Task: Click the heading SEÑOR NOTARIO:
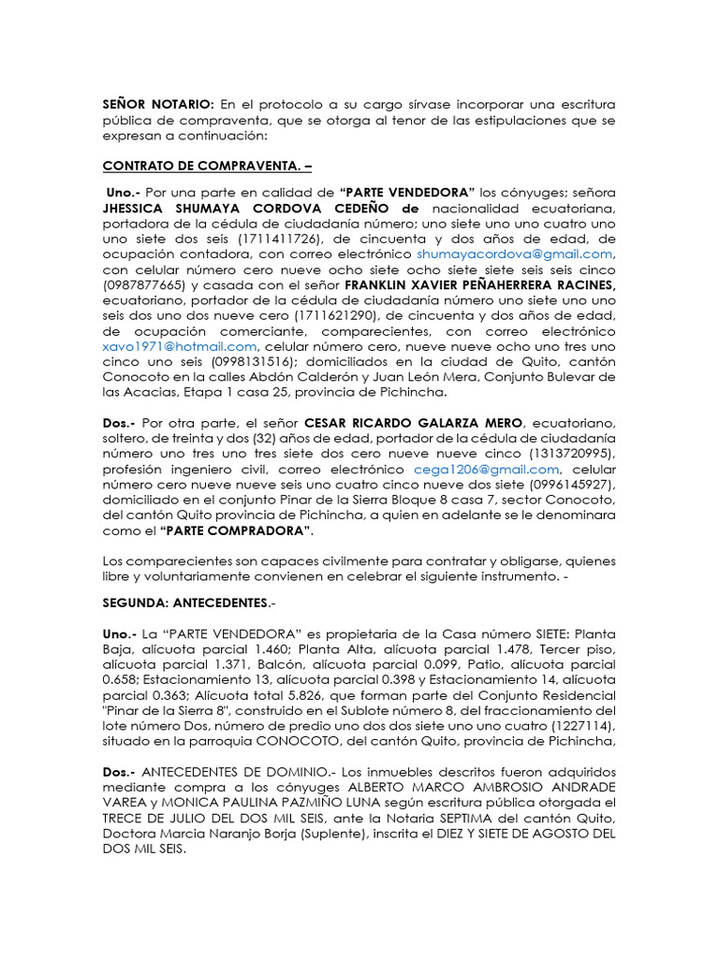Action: pyautogui.click(x=158, y=104)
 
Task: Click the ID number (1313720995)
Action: pyautogui.click(x=573, y=454)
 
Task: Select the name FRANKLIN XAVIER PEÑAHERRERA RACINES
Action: pyautogui.click(x=480, y=284)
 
